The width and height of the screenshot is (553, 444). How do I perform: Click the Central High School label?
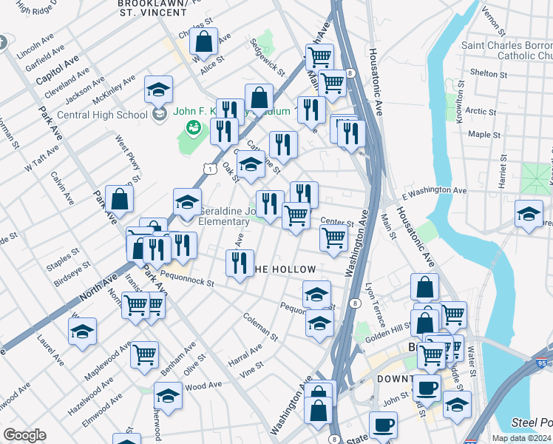(101, 115)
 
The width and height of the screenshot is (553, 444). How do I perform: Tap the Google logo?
(24, 435)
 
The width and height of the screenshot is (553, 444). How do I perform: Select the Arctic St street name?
(481, 111)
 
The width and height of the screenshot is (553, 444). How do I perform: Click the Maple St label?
(485, 135)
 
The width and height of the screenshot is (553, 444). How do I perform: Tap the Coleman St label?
(260, 326)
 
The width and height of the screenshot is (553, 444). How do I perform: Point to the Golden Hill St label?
(391, 332)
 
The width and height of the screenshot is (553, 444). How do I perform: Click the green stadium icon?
(194, 129)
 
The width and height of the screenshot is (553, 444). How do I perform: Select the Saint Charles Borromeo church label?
(506, 50)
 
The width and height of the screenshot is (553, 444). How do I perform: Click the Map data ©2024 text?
(520, 438)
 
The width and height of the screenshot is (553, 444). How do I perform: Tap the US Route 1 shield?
(211, 169)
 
